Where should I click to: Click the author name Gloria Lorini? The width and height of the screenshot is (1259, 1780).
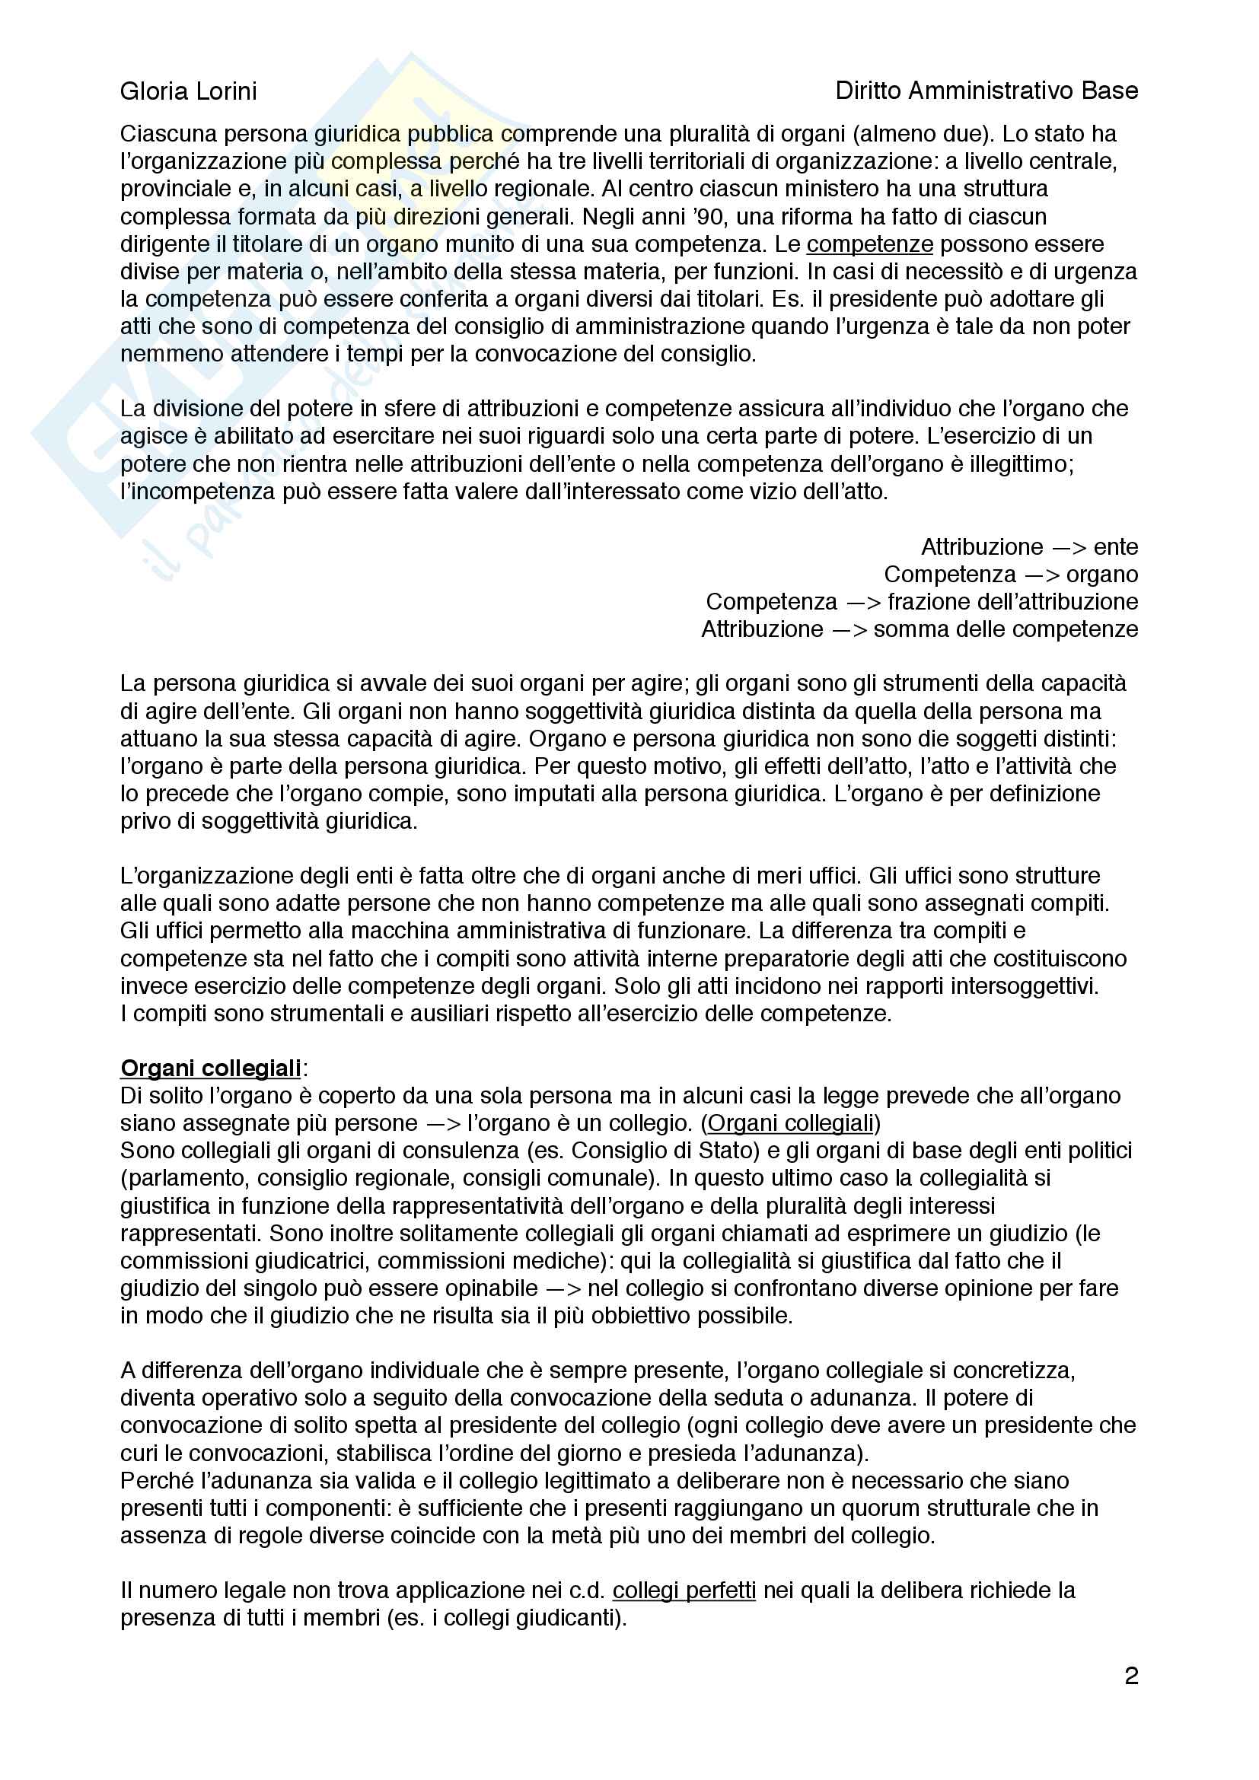[188, 91]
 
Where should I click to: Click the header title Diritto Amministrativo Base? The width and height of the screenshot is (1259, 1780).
[986, 91]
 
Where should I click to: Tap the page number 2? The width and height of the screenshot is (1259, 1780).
[1131, 1676]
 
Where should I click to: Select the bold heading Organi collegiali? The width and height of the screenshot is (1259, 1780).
[211, 1068]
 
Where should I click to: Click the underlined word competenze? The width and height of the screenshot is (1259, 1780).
[870, 244]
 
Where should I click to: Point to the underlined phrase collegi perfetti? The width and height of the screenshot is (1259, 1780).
[684, 1591]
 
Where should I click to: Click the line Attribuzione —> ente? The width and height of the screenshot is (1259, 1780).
[1030, 547]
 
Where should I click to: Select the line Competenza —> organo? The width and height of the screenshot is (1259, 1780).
[1011, 575]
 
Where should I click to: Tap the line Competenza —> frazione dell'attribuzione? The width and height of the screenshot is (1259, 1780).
[922, 602]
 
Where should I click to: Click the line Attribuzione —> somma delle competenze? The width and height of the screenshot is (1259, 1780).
[920, 629]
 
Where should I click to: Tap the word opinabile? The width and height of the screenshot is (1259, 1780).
[485, 1288]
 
